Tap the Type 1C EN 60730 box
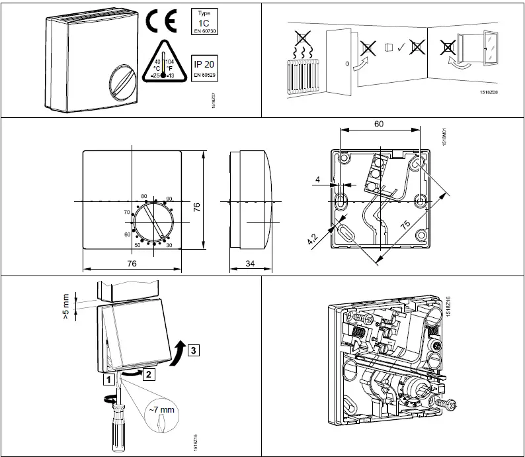(x=204, y=22)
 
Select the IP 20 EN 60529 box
(x=204, y=68)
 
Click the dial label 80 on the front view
(x=143, y=197)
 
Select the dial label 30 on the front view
(x=169, y=245)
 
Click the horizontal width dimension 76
(x=131, y=264)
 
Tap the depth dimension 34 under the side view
(x=250, y=264)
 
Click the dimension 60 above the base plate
(x=379, y=124)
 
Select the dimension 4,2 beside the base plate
(x=314, y=238)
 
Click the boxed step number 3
(x=192, y=350)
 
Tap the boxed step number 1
(x=106, y=380)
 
